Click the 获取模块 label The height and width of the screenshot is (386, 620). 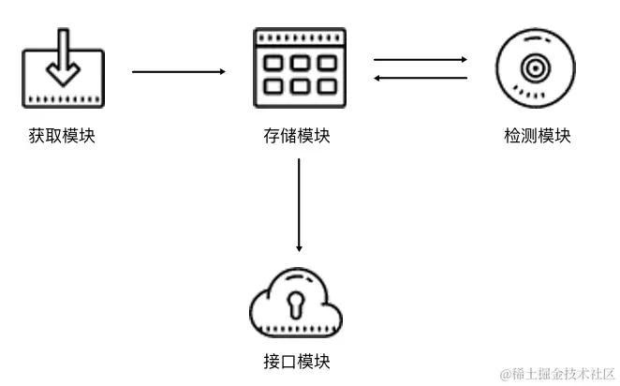pyautogui.click(x=62, y=137)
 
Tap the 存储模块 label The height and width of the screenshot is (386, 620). pyautogui.click(x=297, y=137)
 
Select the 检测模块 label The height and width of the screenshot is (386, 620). pyautogui.click(x=537, y=137)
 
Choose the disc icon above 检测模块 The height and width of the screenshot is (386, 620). pyautogui.click(x=536, y=68)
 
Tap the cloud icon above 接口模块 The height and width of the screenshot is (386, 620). pyautogui.click(x=297, y=305)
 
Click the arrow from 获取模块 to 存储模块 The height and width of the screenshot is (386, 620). pyautogui.click(x=179, y=71)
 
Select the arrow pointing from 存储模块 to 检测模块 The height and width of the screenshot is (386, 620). pyautogui.click(x=420, y=60)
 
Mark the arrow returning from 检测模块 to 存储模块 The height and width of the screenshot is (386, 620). pyautogui.click(x=420, y=78)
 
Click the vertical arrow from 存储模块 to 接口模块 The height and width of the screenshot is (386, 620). pyautogui.click(x=299, y=205)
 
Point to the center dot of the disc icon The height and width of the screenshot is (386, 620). pyautogui.click(x=536, y=67)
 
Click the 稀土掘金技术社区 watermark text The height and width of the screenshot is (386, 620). pyautogui.click(x=556, y=374)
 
